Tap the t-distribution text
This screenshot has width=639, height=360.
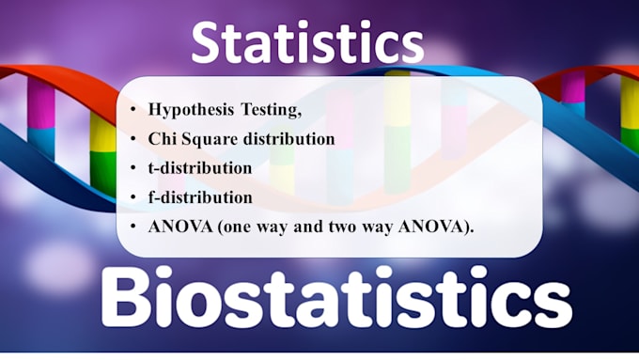[199, 168]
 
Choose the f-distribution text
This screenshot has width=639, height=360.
[199, 197]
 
